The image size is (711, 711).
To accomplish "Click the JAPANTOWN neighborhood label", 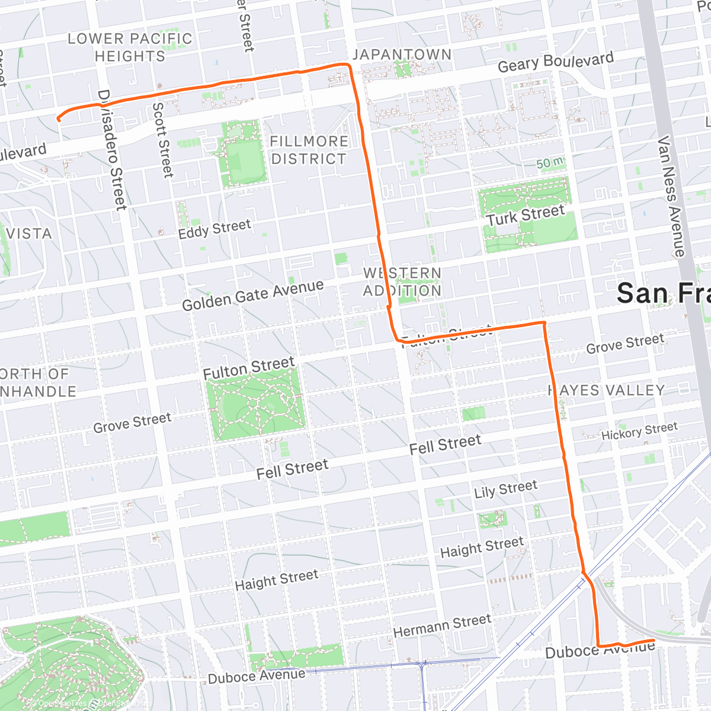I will pyautogui.click(x=402, y=55).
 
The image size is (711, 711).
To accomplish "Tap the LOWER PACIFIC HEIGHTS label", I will pyautogui.click(x=130, y=47).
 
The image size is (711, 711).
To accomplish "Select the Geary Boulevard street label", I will pyautogui.click(x=555, y=62).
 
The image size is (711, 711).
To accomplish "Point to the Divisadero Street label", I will pyautogui.click(x=112, y=150).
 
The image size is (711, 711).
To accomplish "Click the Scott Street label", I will pyautogui.click(x=163, y=140).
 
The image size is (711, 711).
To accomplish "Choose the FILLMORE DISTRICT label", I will pyautogui.click(x=308, y=150).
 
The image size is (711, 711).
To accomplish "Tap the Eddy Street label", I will pyautogui.click(x=214, y=229).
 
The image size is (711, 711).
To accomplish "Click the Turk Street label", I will pyautogui.click(x=525, y=216).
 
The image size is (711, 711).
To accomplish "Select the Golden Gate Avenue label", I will pyautogui.click(x=252, y=295).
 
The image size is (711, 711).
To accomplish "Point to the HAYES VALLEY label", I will pyautogui.click(x=606, y=390).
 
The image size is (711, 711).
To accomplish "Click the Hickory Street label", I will pyautogui.click(x=639, y=431).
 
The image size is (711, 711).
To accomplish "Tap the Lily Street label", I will pyautogui.click(x=505, y=489).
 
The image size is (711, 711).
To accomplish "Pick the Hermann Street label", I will pyautogui.click(x=442, y=626).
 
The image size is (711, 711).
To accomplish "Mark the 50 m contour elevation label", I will pyautogui.click(x=549, y=163).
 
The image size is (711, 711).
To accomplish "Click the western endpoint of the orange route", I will pyautogui.click(x=58, y=120).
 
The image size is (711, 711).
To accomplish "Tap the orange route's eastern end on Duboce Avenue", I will pyautogui.click(x=654, y=640).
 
